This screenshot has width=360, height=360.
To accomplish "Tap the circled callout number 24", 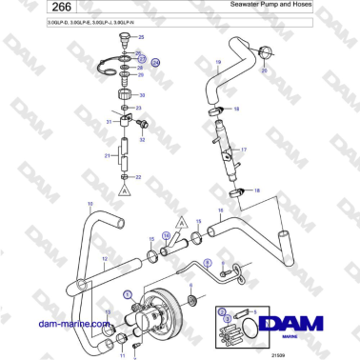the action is [x=156, y=62].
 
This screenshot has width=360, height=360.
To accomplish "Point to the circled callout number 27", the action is [x=140, y=58].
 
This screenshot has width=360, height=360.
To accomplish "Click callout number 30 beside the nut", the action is [x=143, y=95].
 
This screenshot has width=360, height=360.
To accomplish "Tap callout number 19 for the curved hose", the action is [x=218, y=62].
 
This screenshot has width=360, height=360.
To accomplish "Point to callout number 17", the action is [x=243, y=150].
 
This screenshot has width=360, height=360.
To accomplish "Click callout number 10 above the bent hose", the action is [x=90, y=204].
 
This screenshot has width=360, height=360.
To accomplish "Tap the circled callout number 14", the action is [x=166, y=234].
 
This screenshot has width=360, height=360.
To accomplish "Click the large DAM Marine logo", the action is [x=307, y=325].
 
